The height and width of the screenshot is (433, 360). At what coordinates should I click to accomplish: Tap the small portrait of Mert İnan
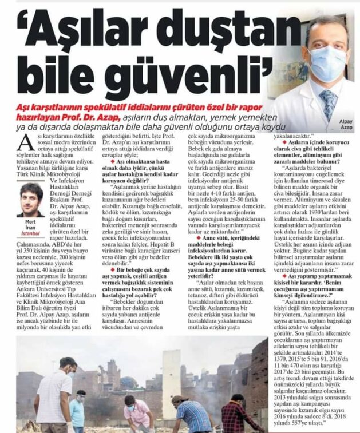(x=31, y=201)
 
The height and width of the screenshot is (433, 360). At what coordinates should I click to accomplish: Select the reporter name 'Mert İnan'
(x=30, y=224)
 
